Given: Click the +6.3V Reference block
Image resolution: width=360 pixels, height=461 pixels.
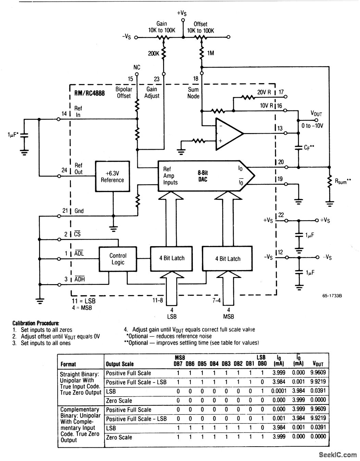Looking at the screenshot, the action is [112, 177].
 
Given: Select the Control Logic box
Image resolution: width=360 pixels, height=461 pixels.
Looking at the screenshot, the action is [118, 259].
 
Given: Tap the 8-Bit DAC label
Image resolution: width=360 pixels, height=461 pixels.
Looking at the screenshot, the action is [203, 176].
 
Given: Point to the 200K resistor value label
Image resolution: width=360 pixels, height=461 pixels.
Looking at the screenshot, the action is [153, 53].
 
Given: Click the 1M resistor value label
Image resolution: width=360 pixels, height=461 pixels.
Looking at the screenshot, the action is [211, 53].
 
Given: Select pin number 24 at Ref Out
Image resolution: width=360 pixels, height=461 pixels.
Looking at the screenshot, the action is [64, 170].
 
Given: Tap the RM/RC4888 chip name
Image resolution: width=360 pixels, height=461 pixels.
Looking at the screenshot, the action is [89, 93].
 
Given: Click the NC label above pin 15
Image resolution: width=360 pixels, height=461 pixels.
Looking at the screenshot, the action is [137, 67].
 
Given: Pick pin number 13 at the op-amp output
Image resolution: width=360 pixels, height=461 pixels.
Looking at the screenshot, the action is [280, 128].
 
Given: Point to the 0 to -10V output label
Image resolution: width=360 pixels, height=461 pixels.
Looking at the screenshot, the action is [312, 126].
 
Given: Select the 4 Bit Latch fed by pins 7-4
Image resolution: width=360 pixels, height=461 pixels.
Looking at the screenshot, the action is [227, 259].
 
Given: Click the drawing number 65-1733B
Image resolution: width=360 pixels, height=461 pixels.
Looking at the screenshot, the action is [332, 296].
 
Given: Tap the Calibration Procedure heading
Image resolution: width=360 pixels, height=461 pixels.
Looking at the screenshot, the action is [36, 323].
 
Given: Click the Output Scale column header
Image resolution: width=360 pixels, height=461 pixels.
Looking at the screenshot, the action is [120, 364].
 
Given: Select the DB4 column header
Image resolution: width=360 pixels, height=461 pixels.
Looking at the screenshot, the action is [214, 364].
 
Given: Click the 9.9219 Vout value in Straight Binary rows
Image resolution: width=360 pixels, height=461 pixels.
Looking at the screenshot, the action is [318, 381].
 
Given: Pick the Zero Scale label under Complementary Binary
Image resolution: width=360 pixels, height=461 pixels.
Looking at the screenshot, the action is [119, 437].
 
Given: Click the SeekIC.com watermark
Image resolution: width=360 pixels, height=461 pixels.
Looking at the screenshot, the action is [338, 454].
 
